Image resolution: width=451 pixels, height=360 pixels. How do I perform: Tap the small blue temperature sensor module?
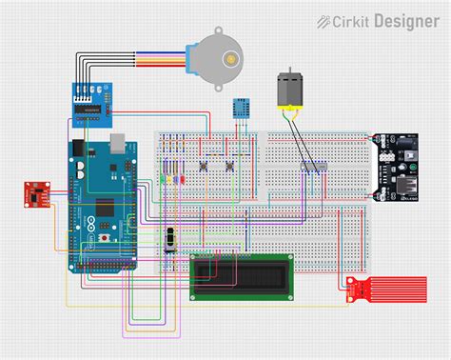coord(242,108)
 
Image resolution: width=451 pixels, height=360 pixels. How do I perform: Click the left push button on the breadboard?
coord(206,169)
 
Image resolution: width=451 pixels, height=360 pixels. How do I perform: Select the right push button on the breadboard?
coord(230,169)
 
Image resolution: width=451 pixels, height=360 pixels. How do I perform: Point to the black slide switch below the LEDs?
coord(171,238)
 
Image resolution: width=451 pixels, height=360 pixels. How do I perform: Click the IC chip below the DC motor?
coord(314,168)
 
